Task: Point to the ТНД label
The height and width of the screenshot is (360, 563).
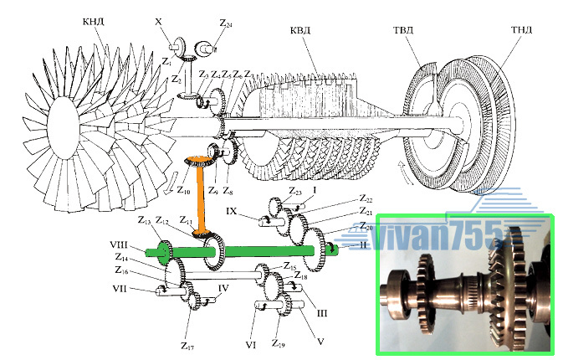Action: [x=521, y=30]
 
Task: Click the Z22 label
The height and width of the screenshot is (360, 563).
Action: [x=366, y=200]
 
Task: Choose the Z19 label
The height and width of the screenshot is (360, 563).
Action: [x=279, y=343]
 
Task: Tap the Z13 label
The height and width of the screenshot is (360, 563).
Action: [x=144, y=220]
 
